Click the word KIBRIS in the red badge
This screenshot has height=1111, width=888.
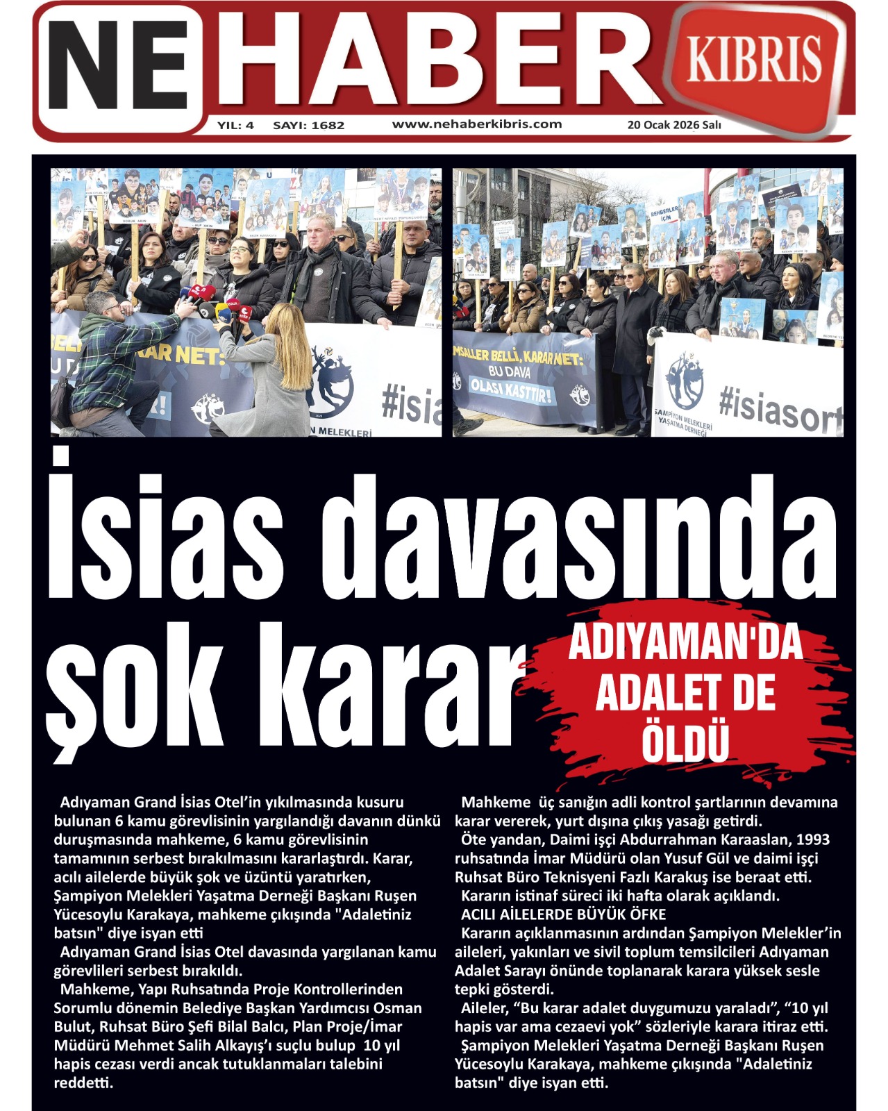click(754, 59)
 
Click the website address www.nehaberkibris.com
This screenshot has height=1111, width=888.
click(477, 124)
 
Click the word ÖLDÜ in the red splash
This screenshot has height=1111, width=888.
click(685, 742)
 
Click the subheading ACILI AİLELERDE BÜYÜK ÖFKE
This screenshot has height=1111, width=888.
click(563, 914)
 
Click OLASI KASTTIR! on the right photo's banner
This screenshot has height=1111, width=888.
click(512, 390)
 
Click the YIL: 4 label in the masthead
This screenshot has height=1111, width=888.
click(236, 126)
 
